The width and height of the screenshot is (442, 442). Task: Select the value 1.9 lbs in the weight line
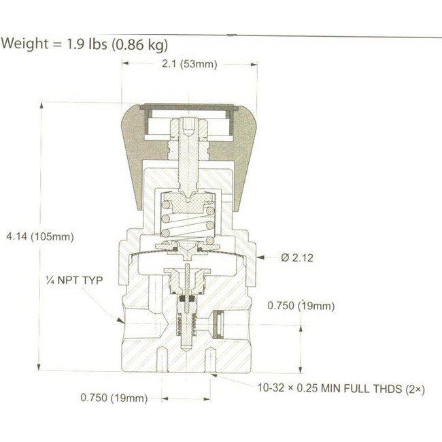(84, 45)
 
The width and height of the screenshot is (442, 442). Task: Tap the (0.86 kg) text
(139, 45)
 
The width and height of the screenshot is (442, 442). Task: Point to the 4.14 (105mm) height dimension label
(39, 237)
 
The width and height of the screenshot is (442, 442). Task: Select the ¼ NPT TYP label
(69, 279)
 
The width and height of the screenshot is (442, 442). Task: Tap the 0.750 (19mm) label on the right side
(301, 306)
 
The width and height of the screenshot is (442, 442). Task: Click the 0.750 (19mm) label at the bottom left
(114, 398)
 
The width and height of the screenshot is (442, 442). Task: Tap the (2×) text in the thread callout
(415, 389)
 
